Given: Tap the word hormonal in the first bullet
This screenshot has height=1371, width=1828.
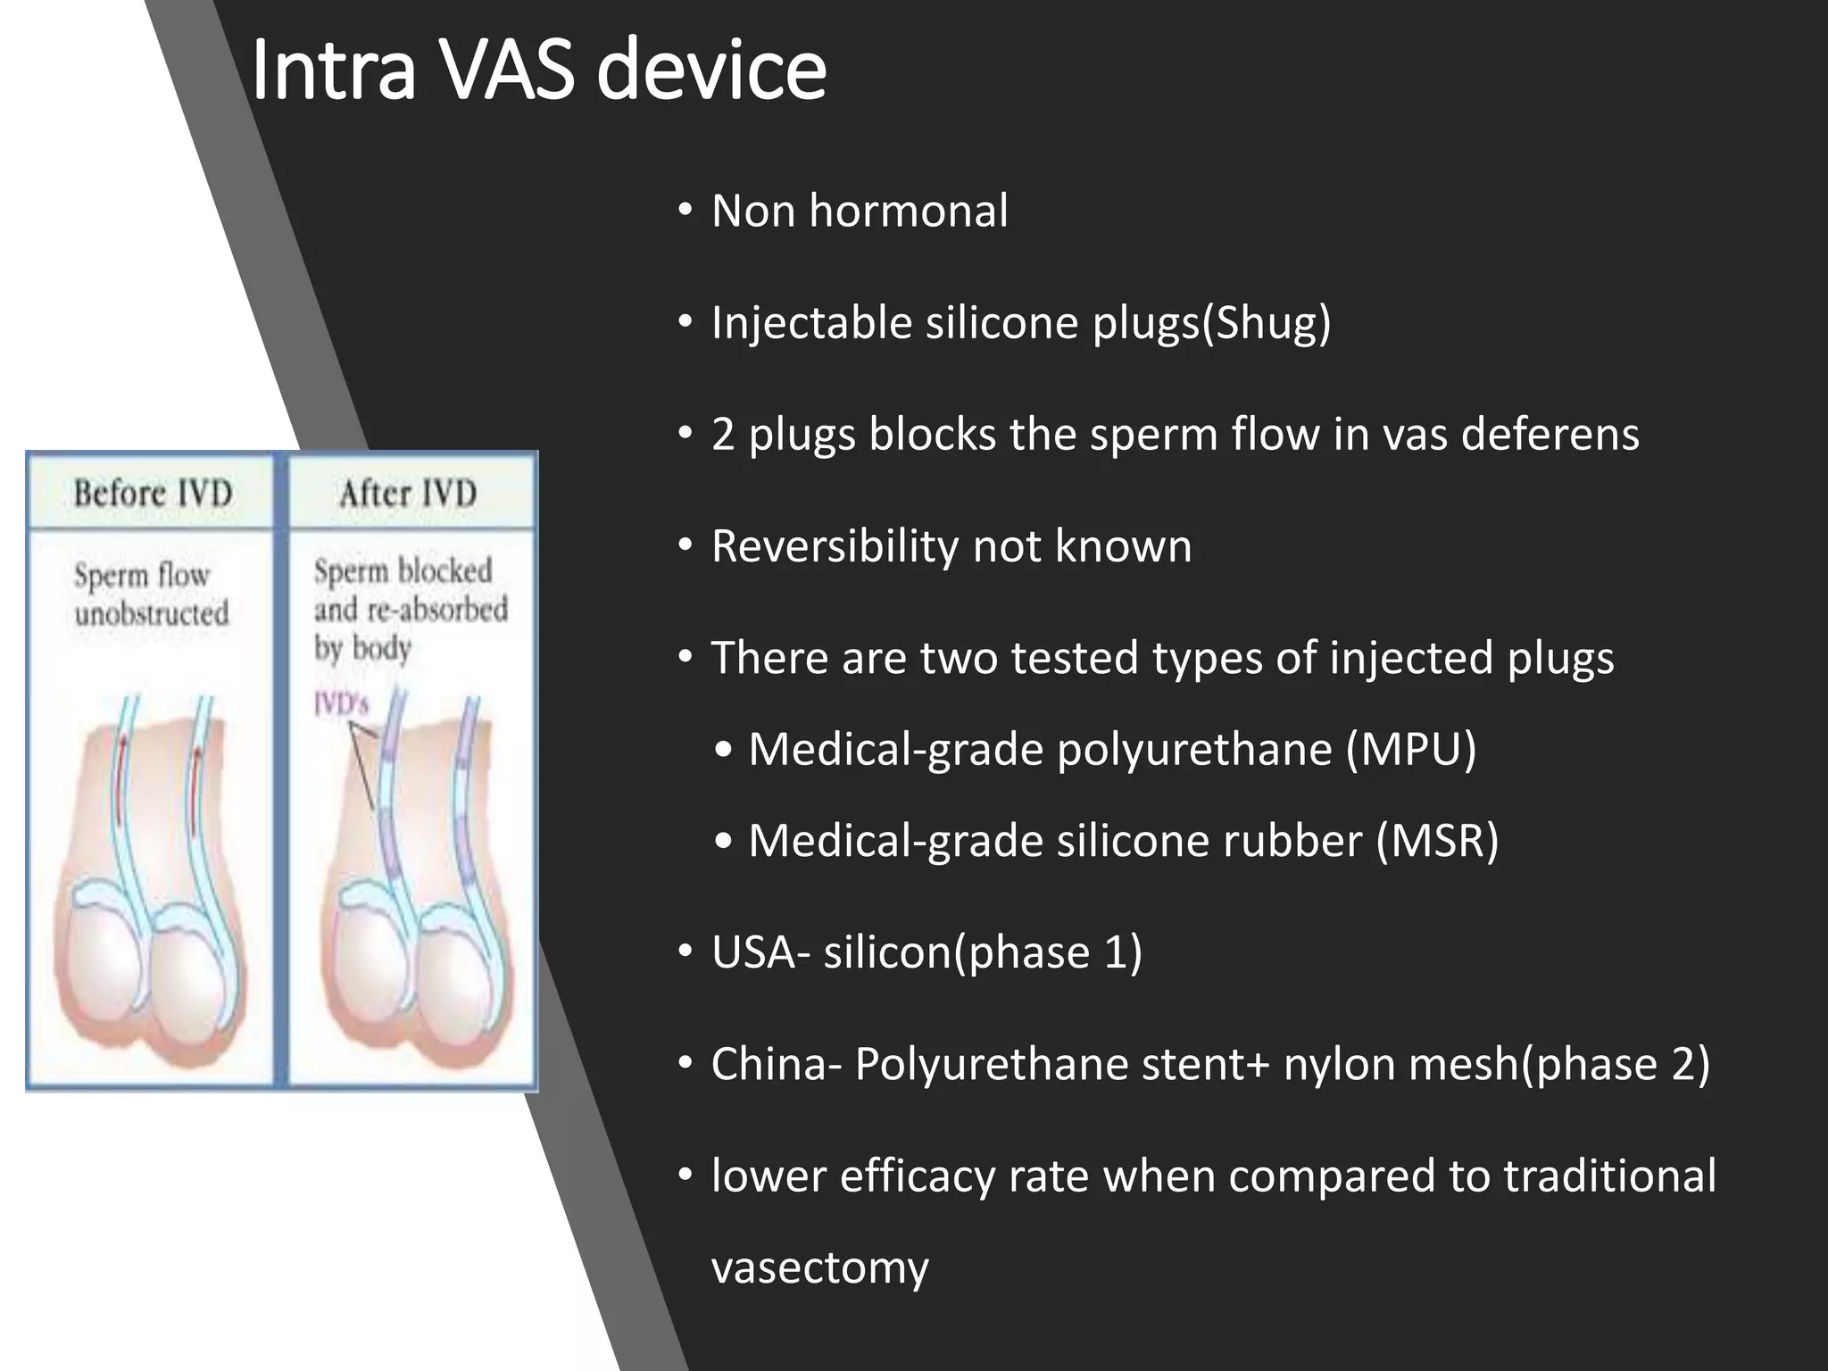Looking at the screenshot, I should [909, 212].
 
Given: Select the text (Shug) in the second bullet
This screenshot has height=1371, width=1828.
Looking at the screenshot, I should [1267, 323].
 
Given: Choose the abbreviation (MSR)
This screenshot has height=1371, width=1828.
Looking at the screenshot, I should [1437, 841].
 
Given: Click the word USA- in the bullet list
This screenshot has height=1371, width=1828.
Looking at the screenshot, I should [760, 952].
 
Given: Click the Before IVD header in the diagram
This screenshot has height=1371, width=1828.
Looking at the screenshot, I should [153, 493].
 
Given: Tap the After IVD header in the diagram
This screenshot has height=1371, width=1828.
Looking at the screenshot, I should [408, 493].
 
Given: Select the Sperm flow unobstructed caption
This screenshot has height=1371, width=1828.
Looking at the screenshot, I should [151, 594].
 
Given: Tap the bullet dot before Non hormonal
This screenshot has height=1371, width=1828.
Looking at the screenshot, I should [685, 212].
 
